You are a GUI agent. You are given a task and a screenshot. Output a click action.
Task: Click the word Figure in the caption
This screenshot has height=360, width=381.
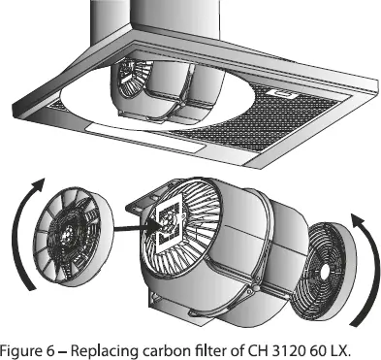tap(22, 348)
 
